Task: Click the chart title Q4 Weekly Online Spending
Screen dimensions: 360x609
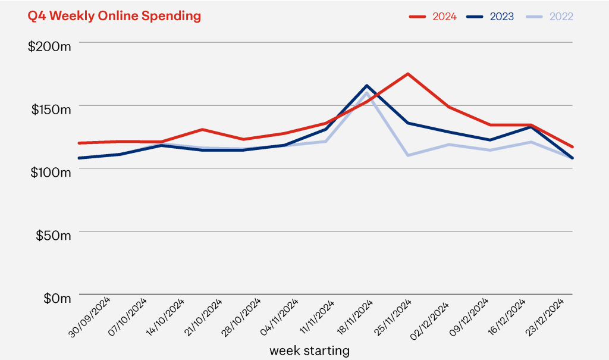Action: [x=114, y=16]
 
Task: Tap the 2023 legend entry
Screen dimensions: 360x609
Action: [x=492, y=16]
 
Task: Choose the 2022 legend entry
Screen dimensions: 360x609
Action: [x=550, y=16]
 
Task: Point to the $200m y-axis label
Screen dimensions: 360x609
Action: [x=49, y=46]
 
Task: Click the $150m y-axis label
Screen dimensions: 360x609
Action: [x=49, y=109]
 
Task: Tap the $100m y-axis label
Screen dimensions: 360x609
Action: [x=49, y=171]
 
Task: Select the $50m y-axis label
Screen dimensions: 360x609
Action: [x=52, y=234]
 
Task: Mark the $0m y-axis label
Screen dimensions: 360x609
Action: [x=56, y=298]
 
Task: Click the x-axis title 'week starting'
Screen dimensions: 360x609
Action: [x=309, y=350]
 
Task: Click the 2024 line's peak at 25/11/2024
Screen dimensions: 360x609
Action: [x=408, y=74]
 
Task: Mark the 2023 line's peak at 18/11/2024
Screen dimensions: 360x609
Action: [x=367, y=86]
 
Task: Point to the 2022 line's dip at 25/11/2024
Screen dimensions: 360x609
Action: [x=408, y=155]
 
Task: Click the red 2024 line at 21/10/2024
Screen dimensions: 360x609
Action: [x=202, y=129]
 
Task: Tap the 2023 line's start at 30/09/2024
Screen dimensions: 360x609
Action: [x=79, y=158]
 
